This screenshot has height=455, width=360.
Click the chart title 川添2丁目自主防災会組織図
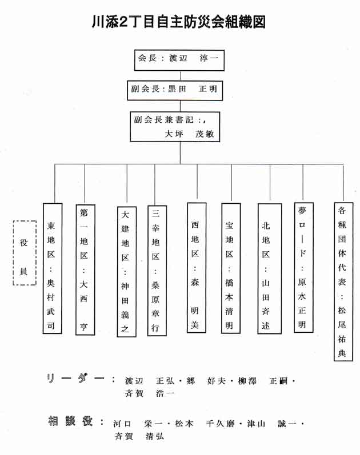pos(179,22)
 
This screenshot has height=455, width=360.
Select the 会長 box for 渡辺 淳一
pos(179,60)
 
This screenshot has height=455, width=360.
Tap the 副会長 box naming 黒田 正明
pos(175,91)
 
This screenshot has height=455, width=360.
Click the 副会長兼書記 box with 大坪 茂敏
pos(175,127)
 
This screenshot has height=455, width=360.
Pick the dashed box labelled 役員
pos(25,253)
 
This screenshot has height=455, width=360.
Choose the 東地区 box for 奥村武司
pos(53,268)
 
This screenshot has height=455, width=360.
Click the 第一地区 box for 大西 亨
pos(85,270)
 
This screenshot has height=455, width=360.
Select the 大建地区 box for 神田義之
pos(127,272)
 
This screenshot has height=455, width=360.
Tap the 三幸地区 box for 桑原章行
pos(157,271)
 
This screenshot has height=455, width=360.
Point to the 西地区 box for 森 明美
pos(197,268)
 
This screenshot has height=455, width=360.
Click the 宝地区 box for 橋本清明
pos(231,268)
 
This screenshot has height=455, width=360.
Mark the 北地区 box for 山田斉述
pos(270,269)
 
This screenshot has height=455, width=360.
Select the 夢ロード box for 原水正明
pos(303,267)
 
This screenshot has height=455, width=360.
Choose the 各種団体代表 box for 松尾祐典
pos(343,282)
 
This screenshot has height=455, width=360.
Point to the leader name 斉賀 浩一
pos(150,393)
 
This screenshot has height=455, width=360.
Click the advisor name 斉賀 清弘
pos(139,436)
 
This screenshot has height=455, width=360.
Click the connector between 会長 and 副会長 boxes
pos(181,76)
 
